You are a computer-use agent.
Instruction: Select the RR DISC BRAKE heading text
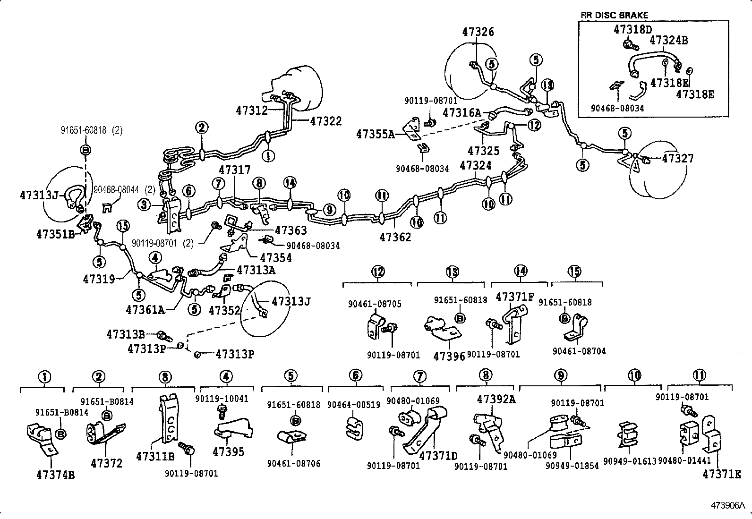(x=614, y=15)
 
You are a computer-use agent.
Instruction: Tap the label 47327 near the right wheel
(x=677, y=158)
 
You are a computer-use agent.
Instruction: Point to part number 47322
(x=326, y=121)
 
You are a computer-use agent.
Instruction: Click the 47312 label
(x=251, y=111)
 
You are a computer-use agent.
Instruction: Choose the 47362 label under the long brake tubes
(x=395, y=237)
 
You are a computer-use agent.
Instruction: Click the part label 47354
(x=276, y=257)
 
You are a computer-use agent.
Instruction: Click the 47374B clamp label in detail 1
(x=55, y=475)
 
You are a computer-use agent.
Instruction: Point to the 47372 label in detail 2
(x=106, y=463)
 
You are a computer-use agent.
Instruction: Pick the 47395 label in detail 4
(x=228, y=452)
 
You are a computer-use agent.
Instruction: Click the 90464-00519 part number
(x=353, y=405)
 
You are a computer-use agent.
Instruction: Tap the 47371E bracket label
(x=721, y=474)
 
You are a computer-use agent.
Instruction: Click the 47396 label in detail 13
(x=449, y=355)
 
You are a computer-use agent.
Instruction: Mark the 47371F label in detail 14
(x=514, y=297)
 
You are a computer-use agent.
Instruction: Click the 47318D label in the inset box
(x=632, y=29)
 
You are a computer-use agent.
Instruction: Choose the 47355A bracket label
(x=375, y=134)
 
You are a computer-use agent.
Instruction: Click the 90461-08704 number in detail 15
(x=579, y=351)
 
